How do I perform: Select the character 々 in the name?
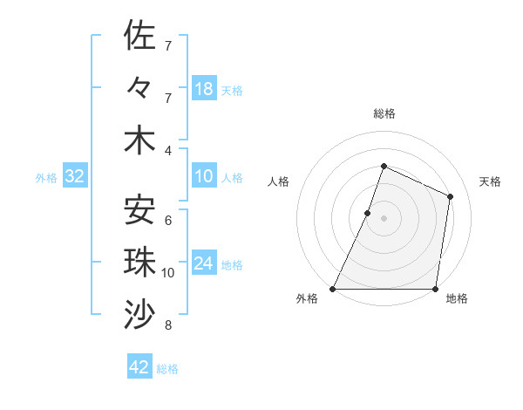point(139,88)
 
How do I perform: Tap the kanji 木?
point(139,140)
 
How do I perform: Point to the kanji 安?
point(139,209)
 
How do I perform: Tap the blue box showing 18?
point(203,88)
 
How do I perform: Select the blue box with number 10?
point(203,176)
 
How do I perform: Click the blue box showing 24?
point(203,263)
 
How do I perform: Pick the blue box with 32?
point(75,176)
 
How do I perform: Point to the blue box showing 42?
point(139,367)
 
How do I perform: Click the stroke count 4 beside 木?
point(168,151)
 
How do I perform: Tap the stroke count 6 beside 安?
point(168,220)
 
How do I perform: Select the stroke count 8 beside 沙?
point(168,326)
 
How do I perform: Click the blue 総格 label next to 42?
point(168,369)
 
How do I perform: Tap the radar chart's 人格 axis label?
point(279,181)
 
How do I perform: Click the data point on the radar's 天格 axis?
point(451,196)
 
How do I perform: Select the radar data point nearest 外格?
point(333,289)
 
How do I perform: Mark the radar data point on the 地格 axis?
point(435,289)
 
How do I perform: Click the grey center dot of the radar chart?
point(384,218)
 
